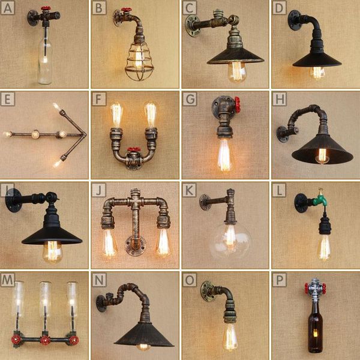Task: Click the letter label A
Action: coord(8,8)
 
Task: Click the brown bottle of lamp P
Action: coord(314,327)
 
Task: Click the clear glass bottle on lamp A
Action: coord(44,57)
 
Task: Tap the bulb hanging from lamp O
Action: coord(230,336)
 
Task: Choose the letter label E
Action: coord(8,98)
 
